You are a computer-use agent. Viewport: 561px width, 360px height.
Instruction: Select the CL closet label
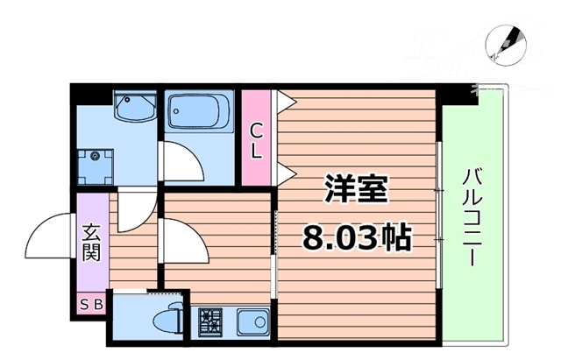(257, 140)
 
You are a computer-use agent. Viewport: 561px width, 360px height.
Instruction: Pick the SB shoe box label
(91, 304)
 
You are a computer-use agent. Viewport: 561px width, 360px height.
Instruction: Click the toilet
(167, 320)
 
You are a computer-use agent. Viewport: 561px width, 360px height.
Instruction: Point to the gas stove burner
(211, 322)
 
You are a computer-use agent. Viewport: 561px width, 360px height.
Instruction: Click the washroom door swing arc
(136, 210)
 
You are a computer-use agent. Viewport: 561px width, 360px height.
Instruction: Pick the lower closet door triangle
(282, 172)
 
